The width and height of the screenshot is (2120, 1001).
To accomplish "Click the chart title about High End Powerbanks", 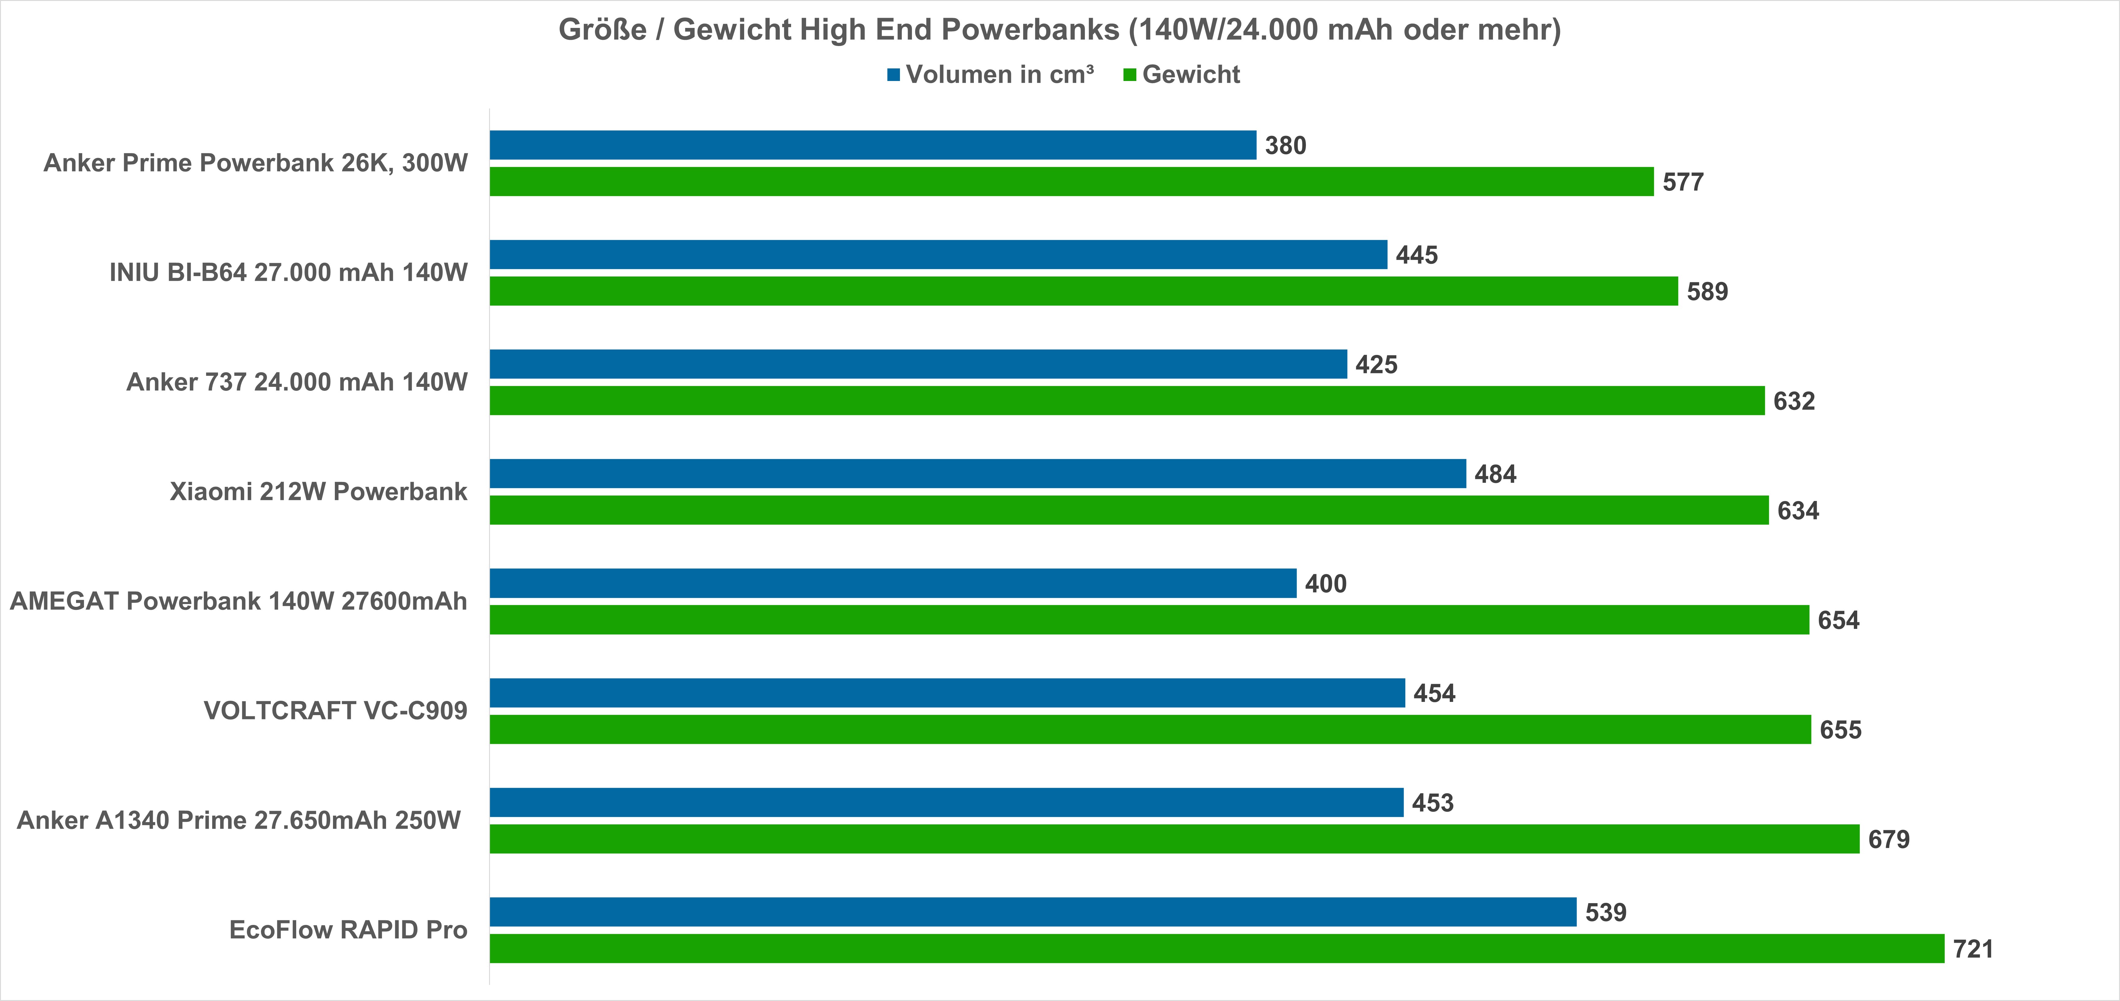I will (x=1059, y=30).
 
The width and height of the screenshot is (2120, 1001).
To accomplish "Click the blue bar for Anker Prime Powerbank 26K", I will (x=872, y=145).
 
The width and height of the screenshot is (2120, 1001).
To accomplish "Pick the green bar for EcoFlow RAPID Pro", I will (x=1216, y=948).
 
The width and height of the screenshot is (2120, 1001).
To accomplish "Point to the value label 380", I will (x=1285, y=146).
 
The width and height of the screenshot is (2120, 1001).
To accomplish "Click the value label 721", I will (x=1973, y=949).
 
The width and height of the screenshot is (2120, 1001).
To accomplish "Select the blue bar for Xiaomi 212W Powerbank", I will (x=978, y=473).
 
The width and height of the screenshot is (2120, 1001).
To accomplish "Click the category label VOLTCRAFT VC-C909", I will (x=335, y=710).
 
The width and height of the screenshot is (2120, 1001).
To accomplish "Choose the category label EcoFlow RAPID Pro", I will (x=348, y=930).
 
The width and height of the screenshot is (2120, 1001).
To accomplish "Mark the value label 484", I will (x=1495, y=474).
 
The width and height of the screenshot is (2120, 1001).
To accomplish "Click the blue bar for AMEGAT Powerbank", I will (x=893, y=583).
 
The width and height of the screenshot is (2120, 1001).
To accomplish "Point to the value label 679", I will (x=1889, y=840).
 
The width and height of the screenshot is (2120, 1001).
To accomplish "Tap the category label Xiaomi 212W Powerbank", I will (x=319, y=491).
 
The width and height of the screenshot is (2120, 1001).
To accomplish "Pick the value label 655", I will (x=1840, y=730).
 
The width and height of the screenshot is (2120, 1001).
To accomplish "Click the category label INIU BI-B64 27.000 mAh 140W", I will (x=288, y=272).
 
